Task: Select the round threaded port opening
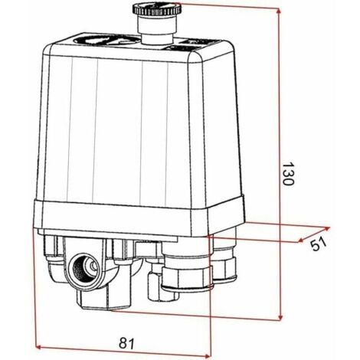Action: click(x=85, y=267)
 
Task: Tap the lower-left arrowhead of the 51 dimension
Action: click(x=299, y=240)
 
